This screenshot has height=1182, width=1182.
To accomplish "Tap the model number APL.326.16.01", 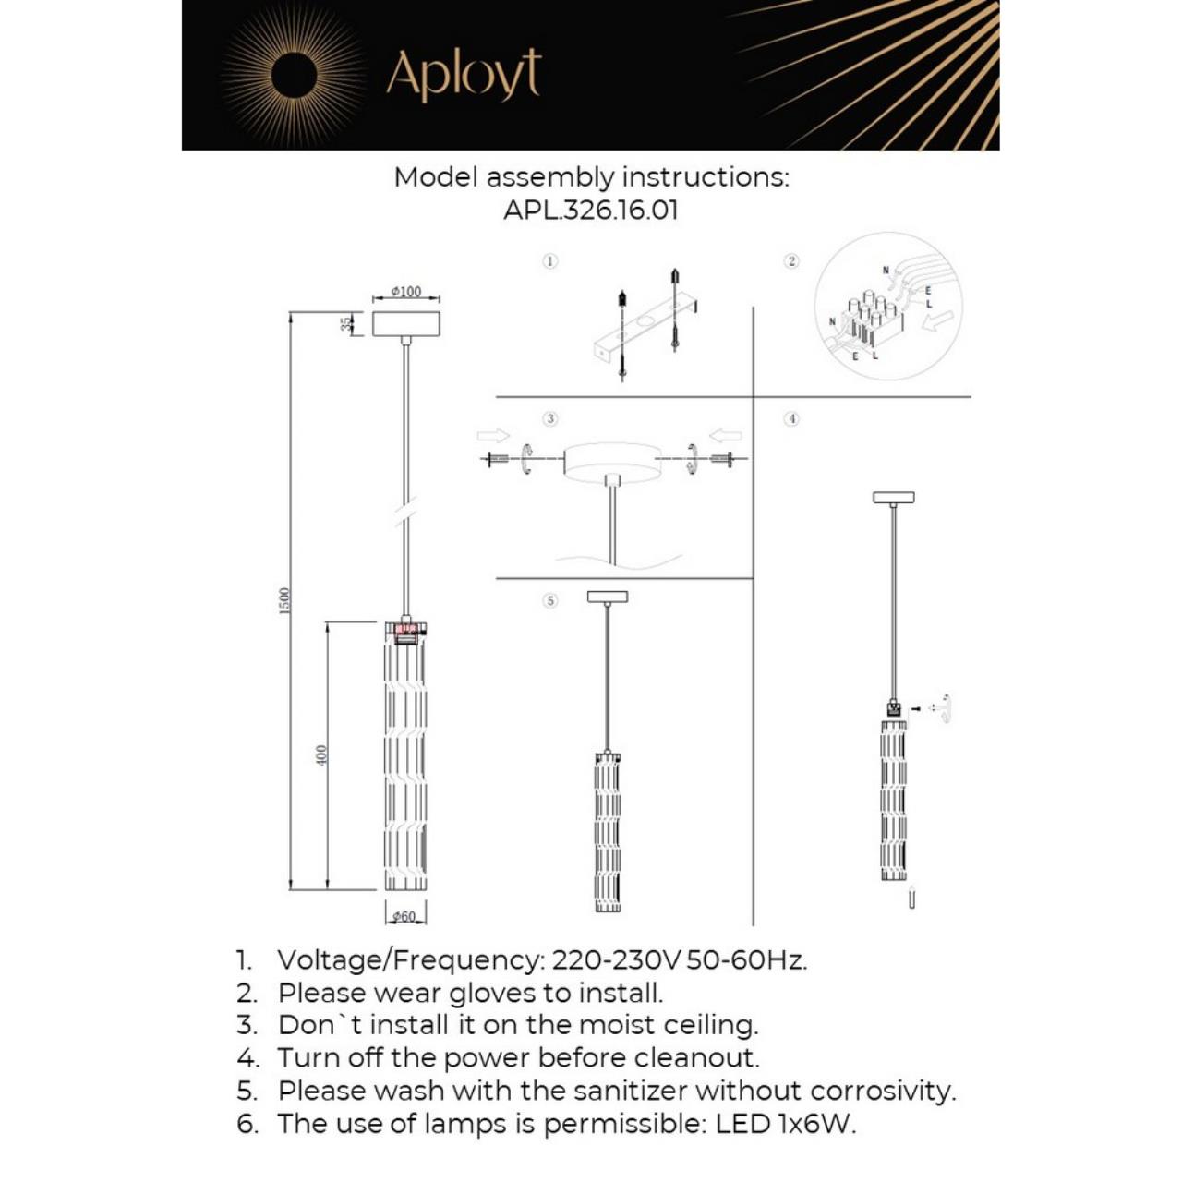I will pos(591,210).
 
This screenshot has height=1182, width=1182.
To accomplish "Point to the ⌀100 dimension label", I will pos(405,292).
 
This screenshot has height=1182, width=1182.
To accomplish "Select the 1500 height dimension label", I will pos(284,600).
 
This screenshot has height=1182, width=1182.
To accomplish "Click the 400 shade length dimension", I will pos(321,754).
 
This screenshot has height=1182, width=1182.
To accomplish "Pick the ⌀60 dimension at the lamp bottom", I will pos(404,916).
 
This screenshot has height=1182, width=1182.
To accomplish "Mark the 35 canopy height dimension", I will pos(346,323).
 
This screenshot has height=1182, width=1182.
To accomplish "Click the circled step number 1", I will pos(549,261).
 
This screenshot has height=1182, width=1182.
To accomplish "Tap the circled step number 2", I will pos(791,261).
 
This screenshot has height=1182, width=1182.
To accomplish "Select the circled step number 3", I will pos(550,418).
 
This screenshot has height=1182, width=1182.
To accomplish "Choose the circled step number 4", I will pos(791,418).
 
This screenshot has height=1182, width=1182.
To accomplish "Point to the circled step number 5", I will pos(550,600).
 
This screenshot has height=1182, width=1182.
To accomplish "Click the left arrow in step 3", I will pos(493,436).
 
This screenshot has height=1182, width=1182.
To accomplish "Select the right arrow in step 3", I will pos(726,436).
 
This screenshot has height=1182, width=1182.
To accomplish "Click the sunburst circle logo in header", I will pos(294,75).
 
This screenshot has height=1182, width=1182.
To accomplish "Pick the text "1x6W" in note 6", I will pos(816,1124).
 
